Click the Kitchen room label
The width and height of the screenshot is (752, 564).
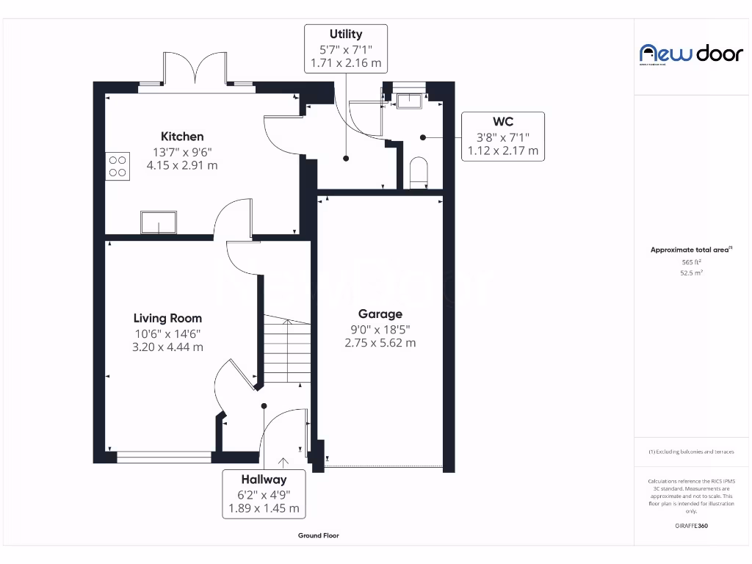tap(182, 137)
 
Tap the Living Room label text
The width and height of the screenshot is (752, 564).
tap(167, 318)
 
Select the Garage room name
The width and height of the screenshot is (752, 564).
tap(380, 314)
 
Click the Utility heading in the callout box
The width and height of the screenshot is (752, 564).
tap(345, 34)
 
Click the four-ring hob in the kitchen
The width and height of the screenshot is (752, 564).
tap(117, 165)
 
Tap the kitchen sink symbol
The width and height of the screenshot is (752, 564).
tap(159, 223)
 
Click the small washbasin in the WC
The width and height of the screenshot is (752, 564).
tap(409, 101)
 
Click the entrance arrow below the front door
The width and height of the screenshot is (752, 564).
tap(282, 461)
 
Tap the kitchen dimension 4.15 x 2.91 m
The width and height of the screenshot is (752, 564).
tap(182, 165)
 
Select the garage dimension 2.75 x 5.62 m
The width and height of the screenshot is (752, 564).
tap(380, 342)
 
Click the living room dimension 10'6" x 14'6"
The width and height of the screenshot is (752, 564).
tap(167, 333)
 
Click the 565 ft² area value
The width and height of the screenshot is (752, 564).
tap(691, 261)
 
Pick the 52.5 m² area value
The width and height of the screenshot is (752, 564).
tap(691, 272)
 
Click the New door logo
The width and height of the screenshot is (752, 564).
tap(691, 53)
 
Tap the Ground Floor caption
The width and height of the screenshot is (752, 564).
tap(319, 536)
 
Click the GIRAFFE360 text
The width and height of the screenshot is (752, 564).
tap(691, 526)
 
